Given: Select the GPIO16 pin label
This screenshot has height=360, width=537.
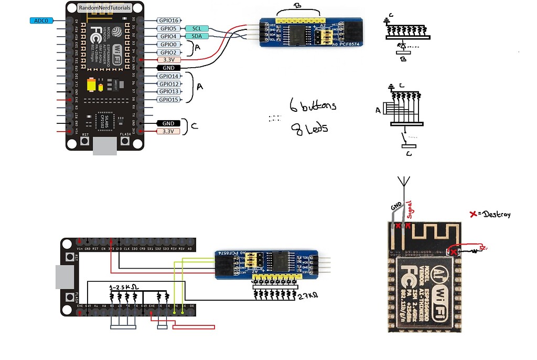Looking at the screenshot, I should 169,20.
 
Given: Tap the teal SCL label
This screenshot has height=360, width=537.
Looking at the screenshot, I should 197,28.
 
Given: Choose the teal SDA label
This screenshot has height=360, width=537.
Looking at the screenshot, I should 197,36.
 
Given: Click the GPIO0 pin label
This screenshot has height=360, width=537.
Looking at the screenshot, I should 169,45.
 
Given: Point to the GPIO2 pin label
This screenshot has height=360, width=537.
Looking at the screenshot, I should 169,52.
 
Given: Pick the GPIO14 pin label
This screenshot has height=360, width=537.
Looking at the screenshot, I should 169,76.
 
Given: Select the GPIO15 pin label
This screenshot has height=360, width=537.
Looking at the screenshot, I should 169,100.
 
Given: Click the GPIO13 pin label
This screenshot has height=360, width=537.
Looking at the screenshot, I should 169,92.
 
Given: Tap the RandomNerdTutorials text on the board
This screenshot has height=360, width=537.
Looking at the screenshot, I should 104,8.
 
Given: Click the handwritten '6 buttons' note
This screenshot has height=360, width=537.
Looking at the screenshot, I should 313,106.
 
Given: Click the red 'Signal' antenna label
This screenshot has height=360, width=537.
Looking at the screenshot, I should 411,209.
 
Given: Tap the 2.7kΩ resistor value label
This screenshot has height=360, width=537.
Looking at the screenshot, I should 307,296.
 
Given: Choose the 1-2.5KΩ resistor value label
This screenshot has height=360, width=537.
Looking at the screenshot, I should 123,288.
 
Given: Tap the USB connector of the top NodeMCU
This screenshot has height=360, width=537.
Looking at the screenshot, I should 104,147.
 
